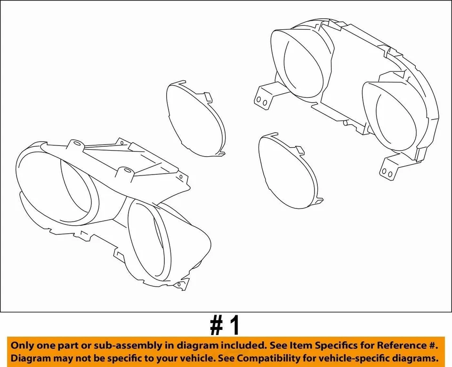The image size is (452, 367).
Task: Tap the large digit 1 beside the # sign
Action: tap(234, 325)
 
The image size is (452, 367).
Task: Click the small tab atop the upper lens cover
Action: tap(209, 96)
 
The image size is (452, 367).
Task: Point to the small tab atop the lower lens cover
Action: tap(299, 150)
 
